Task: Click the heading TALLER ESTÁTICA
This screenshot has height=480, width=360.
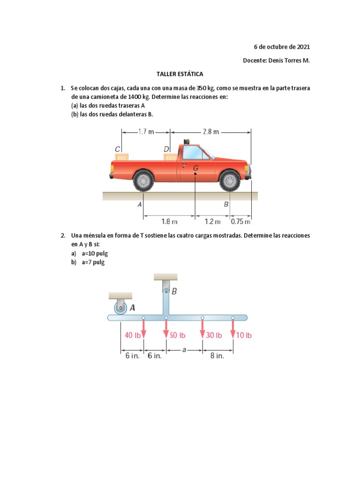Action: [180, 74]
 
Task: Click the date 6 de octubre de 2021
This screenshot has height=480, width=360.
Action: [282, 47]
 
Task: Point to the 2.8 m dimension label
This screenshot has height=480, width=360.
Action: [210, 132]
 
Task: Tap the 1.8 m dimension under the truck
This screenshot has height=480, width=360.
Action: [169, 221]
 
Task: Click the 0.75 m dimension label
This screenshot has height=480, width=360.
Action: [241, 221]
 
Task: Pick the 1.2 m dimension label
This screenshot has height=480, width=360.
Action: [212, 221]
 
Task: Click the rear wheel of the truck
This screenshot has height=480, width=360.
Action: [143, 180]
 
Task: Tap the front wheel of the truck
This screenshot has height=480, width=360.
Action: [230, 180]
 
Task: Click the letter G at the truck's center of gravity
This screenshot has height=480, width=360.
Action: [196, 167]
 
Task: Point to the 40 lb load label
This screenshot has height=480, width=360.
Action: [133, 335]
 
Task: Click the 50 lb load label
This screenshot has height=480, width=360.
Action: [178, 335]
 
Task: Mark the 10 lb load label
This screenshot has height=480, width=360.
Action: [244, 335]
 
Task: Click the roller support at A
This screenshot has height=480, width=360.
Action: [120, 308]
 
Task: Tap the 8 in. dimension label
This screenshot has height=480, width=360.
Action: [217, 356]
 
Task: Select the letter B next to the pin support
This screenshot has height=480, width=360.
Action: [174, 291]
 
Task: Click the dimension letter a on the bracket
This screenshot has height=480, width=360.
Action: [184, 349]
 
